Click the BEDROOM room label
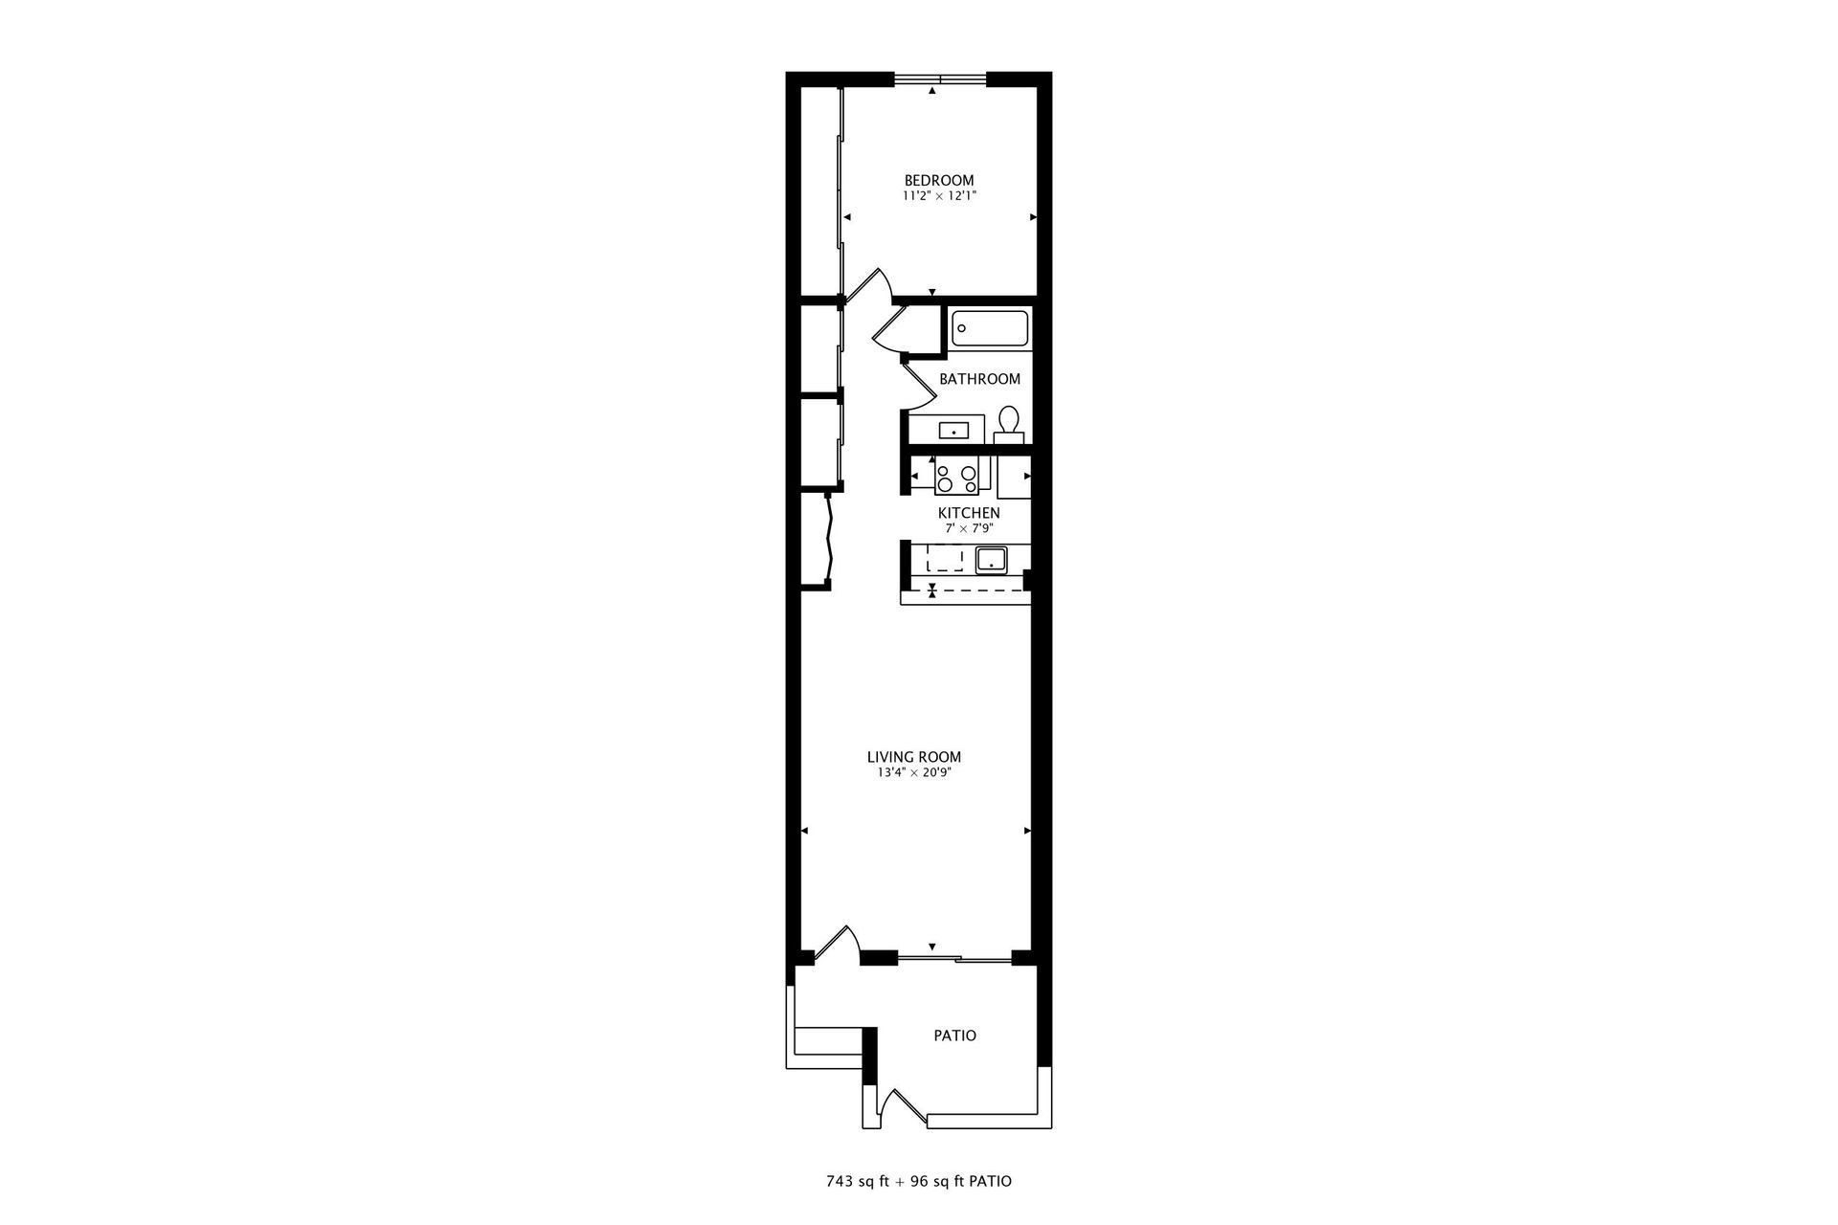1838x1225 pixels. pos(939,180)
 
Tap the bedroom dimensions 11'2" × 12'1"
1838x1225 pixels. pos(939,195)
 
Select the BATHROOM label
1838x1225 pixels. pos(979,379)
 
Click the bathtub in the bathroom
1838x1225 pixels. pos(990,328)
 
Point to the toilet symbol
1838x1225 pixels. pos(1008,422)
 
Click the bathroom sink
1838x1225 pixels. pos(954,431)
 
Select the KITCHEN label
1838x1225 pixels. pos(969,513)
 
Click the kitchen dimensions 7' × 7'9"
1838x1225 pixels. pos(969,527)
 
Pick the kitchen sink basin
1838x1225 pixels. pos(990,560)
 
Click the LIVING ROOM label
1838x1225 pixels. pos(913,757)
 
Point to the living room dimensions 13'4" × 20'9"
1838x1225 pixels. pos(913,772)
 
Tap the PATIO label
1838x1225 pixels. pos(954,1036)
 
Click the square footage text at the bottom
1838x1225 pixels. pos(918,1181)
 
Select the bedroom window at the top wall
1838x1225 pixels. pos(939,78)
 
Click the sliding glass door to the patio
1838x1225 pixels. pos(953,956)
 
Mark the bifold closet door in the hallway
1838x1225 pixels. pos(831,539)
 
